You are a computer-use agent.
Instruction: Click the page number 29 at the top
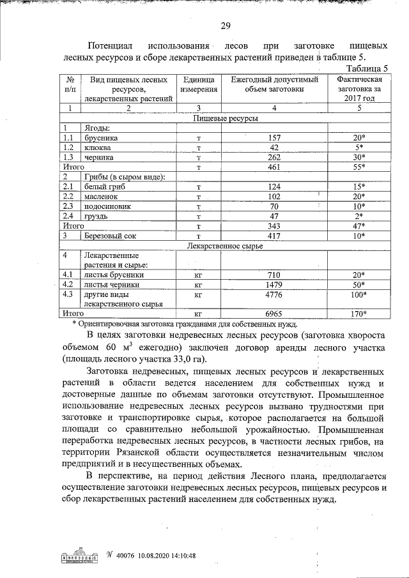[x=225, y=26]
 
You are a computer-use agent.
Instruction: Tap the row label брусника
[x=101, y=137]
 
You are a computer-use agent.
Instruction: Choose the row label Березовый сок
[x=111, y=236]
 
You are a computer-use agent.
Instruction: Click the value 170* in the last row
[x=359, y=314]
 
